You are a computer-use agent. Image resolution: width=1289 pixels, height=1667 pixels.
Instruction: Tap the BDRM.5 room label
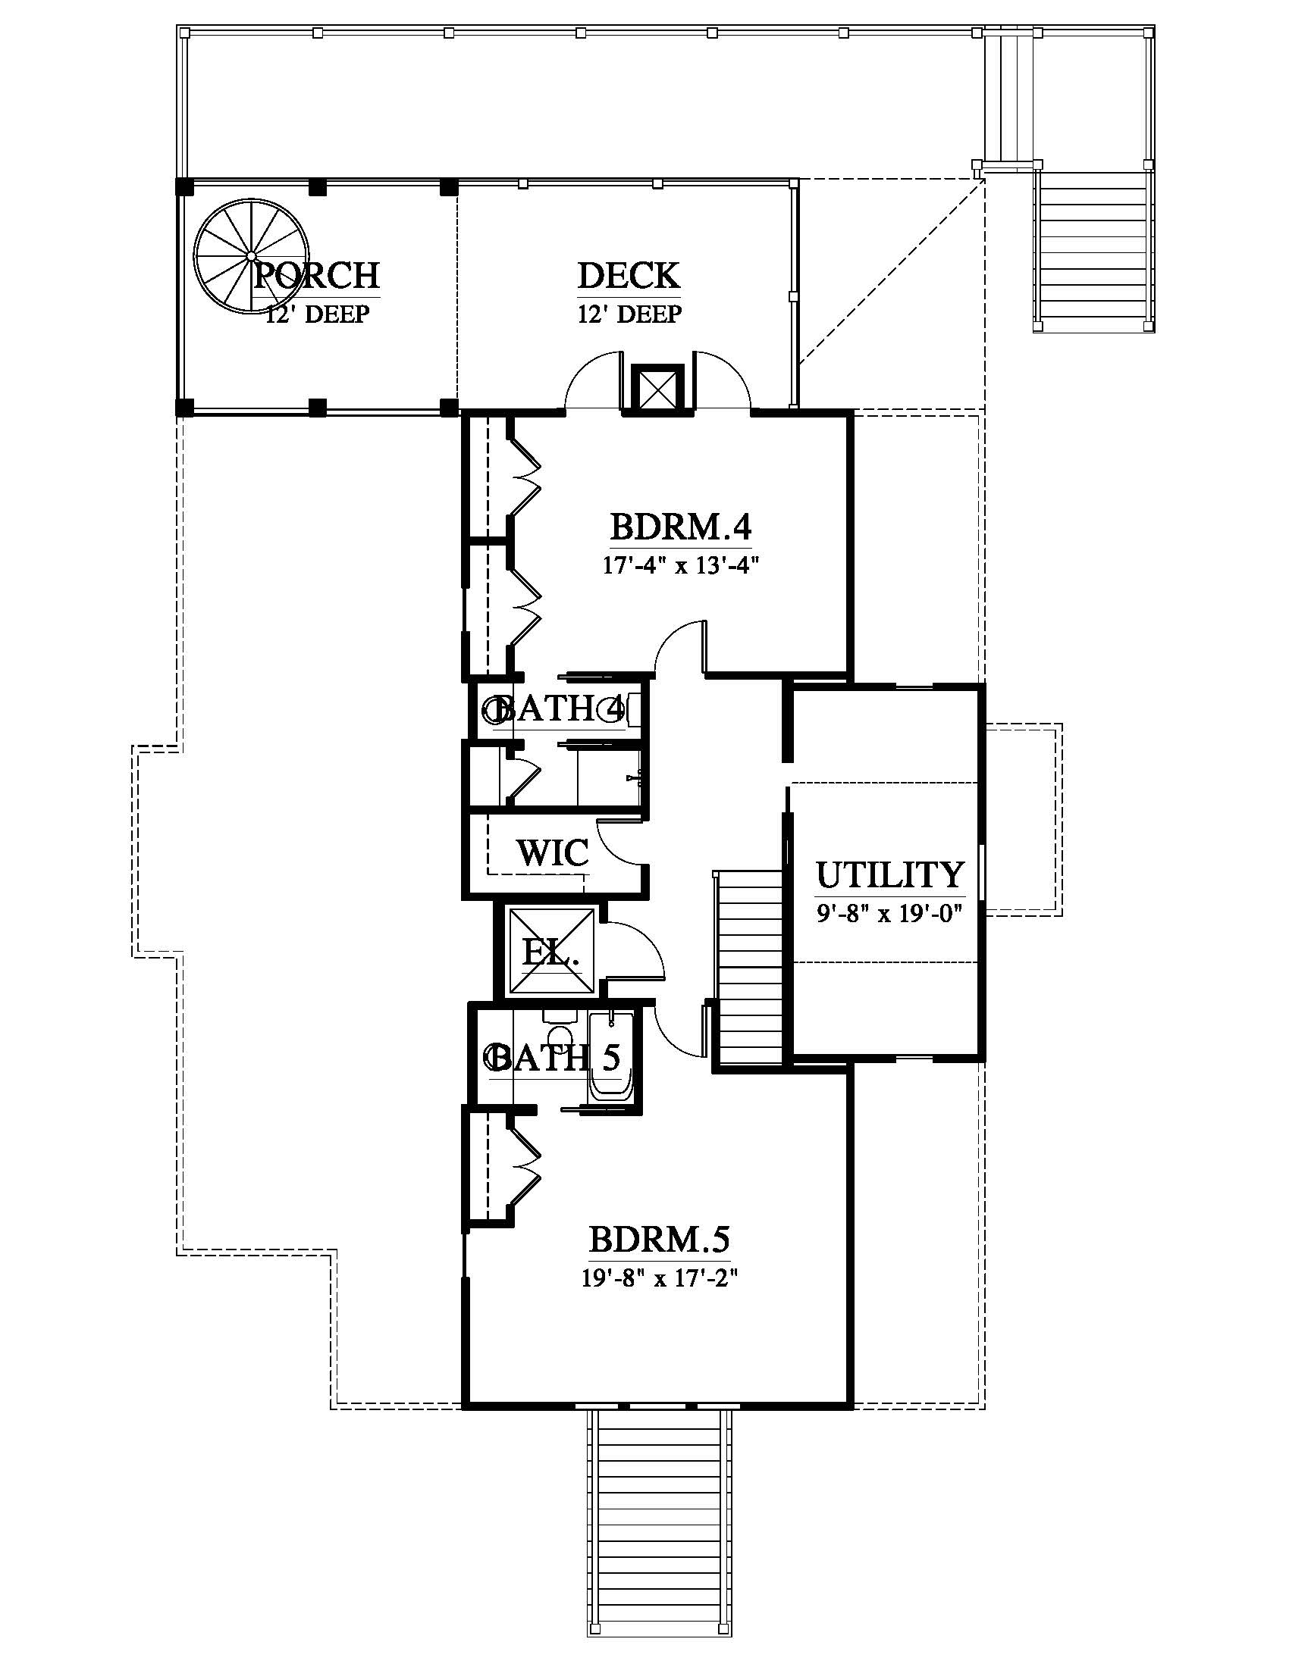tap(659, 1240)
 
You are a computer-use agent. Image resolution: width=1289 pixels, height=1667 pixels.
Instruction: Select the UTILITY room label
tap(890, 874)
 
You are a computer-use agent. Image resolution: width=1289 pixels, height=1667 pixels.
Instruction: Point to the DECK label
tap(629, 276)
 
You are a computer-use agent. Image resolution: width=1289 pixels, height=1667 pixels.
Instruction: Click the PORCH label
tap(317, 275)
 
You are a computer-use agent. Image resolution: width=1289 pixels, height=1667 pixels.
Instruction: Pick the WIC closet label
tap(554, 852)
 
